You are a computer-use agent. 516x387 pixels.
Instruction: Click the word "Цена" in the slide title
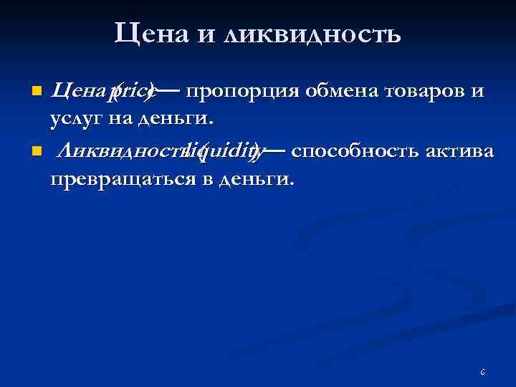(x=148, y=33)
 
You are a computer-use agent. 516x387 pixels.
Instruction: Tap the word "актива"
(x=452, y=150)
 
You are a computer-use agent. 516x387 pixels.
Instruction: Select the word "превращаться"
(x=123, y=178)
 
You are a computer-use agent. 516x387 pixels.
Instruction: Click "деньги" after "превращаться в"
(x=254, y=178)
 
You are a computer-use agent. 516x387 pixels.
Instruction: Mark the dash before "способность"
(x=277, y=150)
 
